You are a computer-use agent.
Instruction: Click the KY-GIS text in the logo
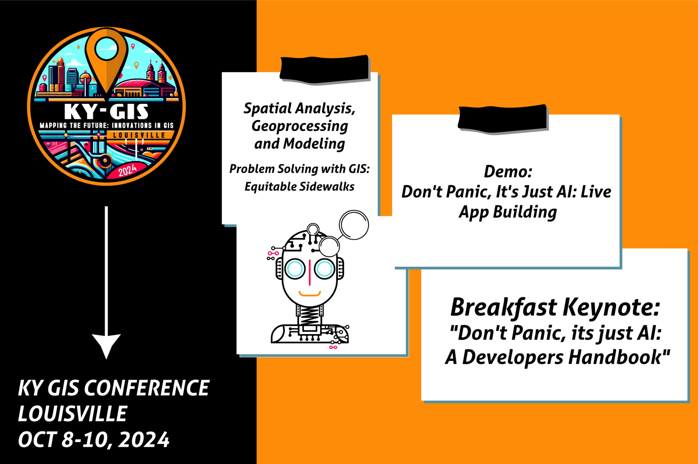point(106,112)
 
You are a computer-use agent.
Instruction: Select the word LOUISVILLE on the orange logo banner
point(139,135)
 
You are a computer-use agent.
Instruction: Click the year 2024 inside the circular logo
point(128,170)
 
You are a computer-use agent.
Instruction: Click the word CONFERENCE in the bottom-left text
point(147,388)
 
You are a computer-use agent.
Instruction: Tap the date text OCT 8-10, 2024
point(94,440)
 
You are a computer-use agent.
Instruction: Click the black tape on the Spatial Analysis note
point(324,69)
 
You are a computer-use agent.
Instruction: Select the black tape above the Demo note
point(503,119)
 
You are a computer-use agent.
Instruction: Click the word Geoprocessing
point(300,126)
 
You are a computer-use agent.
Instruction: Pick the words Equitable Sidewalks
point(300,187)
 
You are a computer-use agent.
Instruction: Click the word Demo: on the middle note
point(508,171)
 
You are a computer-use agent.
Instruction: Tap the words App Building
point(508,212)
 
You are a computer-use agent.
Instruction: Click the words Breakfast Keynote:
point(555,307)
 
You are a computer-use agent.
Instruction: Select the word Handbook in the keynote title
point(618,357)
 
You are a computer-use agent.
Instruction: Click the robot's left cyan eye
point(295,268)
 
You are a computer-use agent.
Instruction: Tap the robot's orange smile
point(310,293)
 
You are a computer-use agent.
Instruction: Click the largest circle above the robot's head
point(354,225)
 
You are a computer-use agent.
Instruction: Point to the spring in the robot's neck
point(309,315)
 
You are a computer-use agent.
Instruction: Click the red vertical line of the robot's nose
point(310,272)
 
